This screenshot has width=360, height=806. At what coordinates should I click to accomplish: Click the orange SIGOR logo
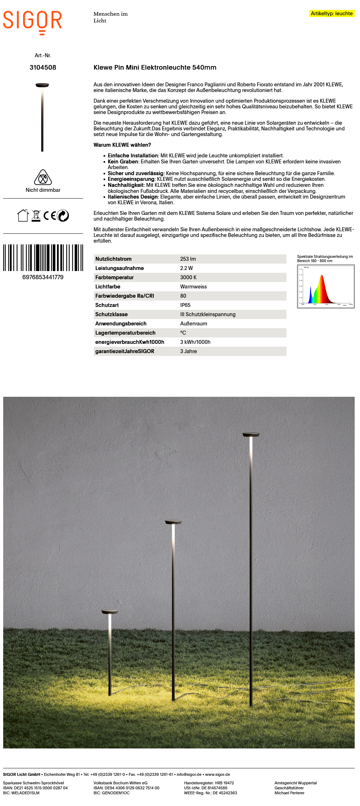(32, 21)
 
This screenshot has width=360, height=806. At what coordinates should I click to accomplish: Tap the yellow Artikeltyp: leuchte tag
(332, 13)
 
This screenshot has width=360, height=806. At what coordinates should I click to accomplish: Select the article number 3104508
(43, 67)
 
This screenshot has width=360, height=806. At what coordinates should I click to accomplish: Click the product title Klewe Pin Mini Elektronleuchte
(155, 67)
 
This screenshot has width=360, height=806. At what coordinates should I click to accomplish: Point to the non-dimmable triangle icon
(43, 177)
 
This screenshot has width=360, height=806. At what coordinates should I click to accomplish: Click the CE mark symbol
(50, 216)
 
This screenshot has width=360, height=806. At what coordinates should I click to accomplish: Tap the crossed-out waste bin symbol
(36, 216)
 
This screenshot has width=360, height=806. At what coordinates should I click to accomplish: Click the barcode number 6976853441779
(43, 277)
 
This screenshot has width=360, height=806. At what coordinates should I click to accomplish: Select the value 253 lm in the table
(188, 259)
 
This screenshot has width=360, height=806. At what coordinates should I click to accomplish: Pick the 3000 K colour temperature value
(188, 277)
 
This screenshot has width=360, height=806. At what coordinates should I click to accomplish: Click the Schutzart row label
(107, 305)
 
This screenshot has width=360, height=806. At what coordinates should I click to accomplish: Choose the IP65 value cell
(185, 305)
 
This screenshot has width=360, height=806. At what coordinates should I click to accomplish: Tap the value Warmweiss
(193, 287)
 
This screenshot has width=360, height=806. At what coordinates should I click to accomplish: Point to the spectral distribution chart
(326, 286)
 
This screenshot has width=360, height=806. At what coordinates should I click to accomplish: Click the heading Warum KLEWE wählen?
(122, 145)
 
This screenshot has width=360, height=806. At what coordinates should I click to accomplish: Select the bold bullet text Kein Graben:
(123, 162)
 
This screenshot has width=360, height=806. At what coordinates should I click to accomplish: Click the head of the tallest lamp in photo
(251, 434)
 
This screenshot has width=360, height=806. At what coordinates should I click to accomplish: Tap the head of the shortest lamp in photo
(109, 612)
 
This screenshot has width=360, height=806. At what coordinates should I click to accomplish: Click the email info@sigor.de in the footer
(189, 774)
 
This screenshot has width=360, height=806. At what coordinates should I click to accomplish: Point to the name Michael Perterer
(289, 793)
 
